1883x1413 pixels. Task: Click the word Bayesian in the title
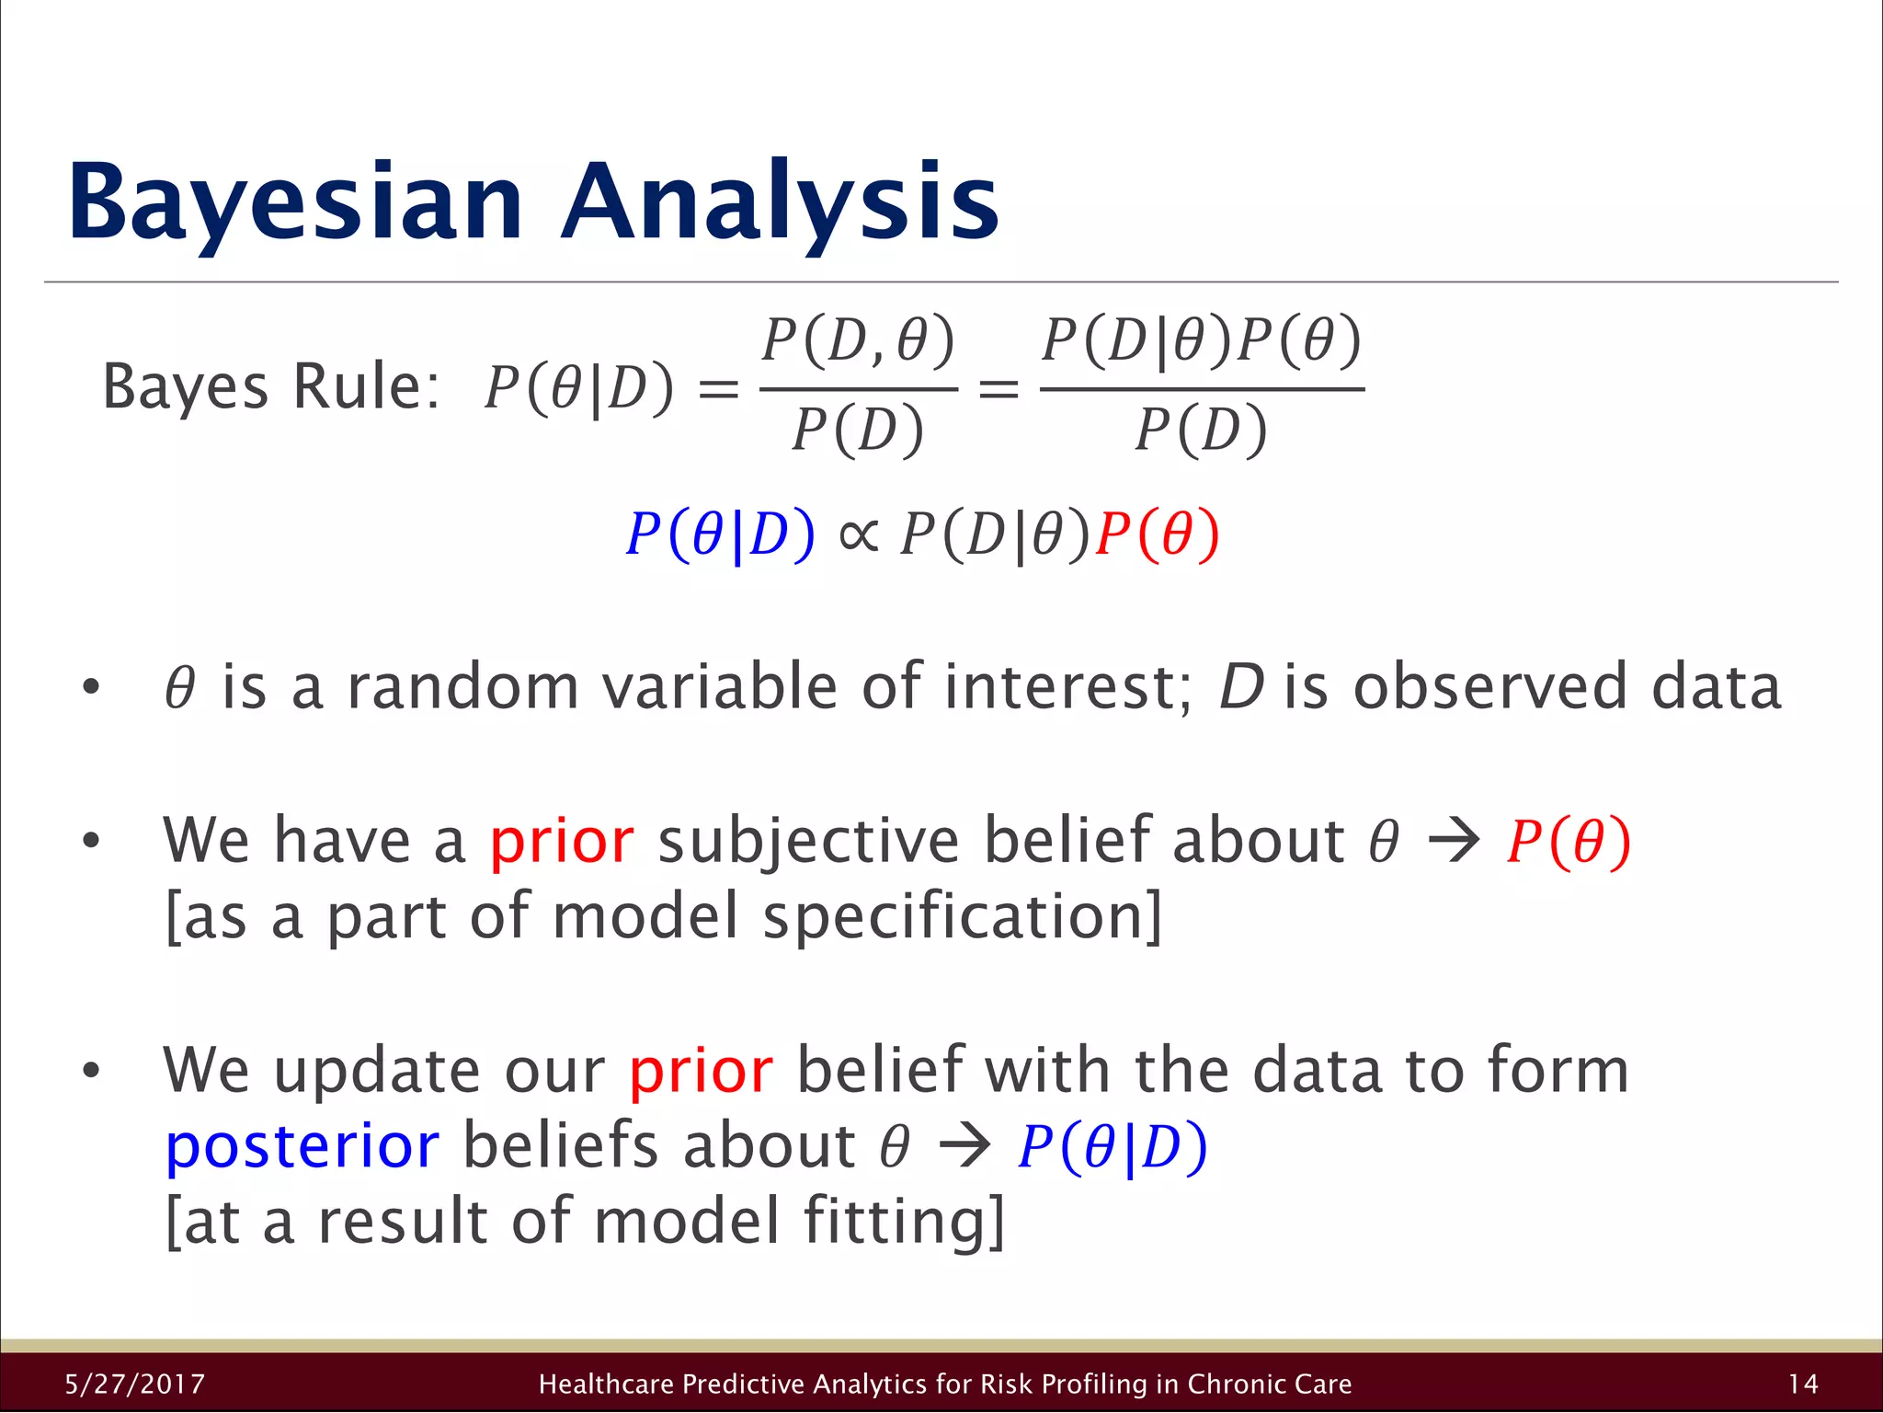click(x=294, y=202)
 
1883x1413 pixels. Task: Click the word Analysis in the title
click(x=780, y=202)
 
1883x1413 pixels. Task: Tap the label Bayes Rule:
click(x=271, y=386)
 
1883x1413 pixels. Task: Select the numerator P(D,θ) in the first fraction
click(x=859, y=340)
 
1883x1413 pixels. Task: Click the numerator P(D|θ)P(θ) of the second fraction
click(x=1201, y=340)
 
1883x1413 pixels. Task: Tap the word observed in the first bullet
click(x=1489, y=687)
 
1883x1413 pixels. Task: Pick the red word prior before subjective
click(x=562, y=841)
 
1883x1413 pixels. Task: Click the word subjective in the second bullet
click(x=809, y=841)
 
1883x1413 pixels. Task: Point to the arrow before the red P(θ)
click(x=1454, y=841)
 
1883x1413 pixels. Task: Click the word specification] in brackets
click(x=963, y=917)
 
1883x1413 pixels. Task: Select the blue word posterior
click(x=302, y=1146)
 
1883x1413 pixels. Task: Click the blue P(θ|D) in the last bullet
click(x=1113, y=1148)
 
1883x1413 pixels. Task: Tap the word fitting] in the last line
click(x=904, y=1222)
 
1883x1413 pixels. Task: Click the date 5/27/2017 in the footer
click(x=135, y=1384)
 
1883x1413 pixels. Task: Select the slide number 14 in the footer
click(x=1803, y=1384)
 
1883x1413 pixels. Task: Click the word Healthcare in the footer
click(x=607, y=1384)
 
